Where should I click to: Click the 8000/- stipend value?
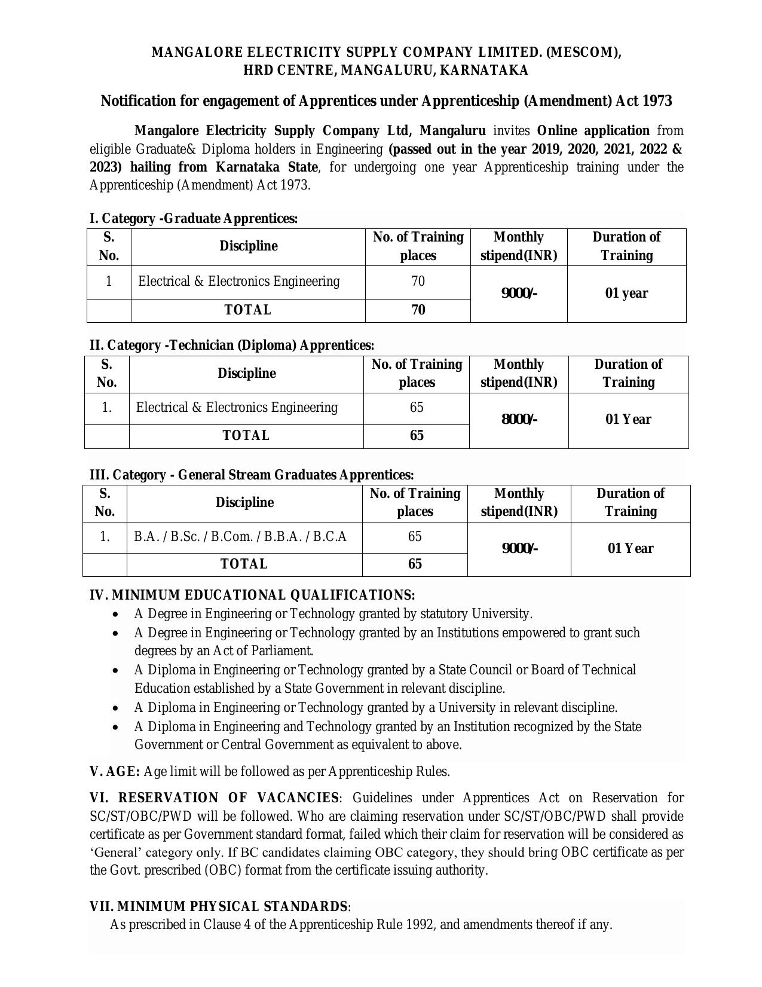519,419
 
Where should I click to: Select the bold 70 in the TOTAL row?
418,310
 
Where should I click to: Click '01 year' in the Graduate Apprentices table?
626,293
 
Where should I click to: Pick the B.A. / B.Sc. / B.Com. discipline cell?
240,536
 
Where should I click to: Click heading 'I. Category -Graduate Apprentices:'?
194,218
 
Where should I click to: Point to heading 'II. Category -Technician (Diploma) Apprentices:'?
232,345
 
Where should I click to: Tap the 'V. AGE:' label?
115,771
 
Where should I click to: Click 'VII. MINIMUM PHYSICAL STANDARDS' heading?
218,906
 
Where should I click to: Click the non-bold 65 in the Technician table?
417,407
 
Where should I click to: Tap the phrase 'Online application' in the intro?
593,131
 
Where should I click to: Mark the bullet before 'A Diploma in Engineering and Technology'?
115,728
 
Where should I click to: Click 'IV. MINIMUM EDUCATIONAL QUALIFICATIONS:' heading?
252,595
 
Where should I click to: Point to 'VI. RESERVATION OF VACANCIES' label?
214,798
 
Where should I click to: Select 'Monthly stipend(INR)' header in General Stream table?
519,502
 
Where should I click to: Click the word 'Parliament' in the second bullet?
283,650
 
